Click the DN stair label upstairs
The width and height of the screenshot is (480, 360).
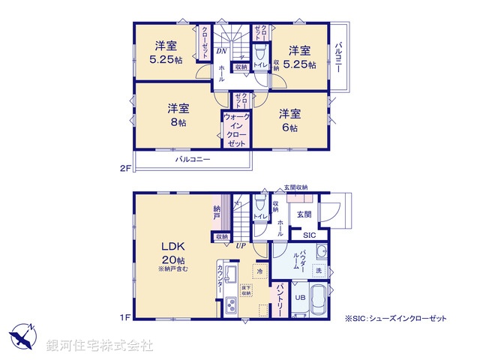tap(222, 51)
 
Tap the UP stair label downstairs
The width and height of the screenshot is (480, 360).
tap(241, 245)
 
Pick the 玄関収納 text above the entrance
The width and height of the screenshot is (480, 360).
tap(295, 187)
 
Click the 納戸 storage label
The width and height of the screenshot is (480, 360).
tap(217, 211)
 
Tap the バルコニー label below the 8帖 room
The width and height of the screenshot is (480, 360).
tap(193, 160)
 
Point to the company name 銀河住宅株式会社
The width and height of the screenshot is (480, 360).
tap(100, 346)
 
